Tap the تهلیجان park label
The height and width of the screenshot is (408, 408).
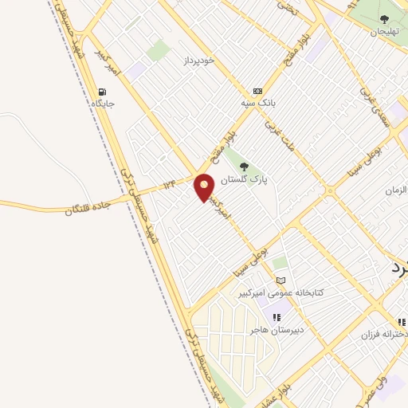pyautogui.click(x=383, y=32)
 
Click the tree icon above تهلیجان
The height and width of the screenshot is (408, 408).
pyautogui.click(x=384, y=19)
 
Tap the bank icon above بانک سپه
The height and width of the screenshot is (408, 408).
pyautogui.click(x=257, y=92)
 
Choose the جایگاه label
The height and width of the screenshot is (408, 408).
pyautogui.click(x=102, y=104)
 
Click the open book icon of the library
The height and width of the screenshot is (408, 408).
pyautogui.click(x=280, y=280)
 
